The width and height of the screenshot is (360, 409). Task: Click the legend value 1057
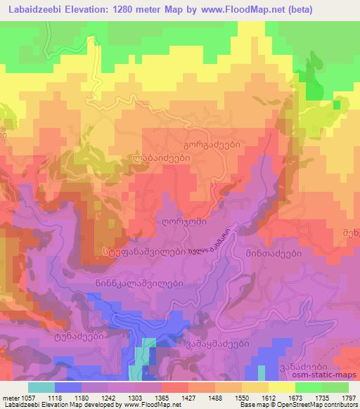[x=32, y=397]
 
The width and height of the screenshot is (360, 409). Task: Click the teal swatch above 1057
[x=41, y=387]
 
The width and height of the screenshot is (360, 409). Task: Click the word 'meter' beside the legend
[x=11, y=397]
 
